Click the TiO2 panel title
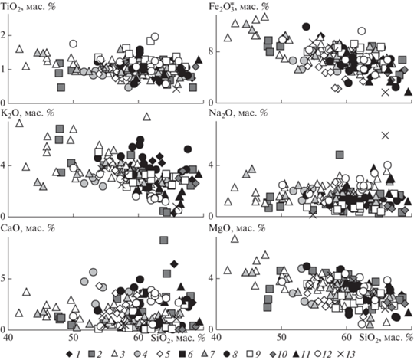(28, 7)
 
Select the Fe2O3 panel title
(239, 7)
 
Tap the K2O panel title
(28, 113)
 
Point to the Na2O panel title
(238, 113)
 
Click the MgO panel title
(237, 227)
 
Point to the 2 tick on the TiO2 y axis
(3, 35)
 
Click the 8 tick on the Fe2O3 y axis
(211, 51)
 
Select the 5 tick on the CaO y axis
(3, 279)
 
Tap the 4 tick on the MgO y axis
(211, 279)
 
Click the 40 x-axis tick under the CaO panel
(9, 338)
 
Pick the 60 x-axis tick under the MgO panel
(347, 338)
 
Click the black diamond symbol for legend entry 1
(69, 354)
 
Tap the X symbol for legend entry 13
(340, 354)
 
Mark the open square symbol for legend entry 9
(250, 354)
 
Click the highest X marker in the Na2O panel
(386, 136)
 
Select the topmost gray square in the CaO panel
(164, 240)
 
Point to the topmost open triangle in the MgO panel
(235, 239)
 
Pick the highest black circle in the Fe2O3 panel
(306, 26)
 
